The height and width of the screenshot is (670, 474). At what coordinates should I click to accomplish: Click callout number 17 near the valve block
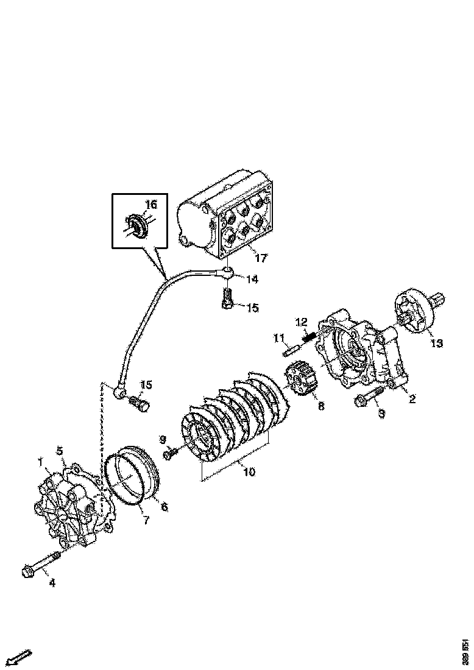point(261,258)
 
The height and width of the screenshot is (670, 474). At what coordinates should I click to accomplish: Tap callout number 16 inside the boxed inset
point(150,204)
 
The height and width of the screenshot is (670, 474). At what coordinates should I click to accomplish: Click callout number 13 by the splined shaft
point(437,343)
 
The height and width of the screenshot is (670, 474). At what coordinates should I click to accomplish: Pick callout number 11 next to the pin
point(279,337)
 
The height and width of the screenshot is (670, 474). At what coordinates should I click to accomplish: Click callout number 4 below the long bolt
point(52,583)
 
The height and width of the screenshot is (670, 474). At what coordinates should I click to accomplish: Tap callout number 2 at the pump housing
point(412,400)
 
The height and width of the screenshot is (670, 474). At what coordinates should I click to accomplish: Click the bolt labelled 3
point(367,397)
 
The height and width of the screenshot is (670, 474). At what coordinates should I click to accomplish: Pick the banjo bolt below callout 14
point(227,299)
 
